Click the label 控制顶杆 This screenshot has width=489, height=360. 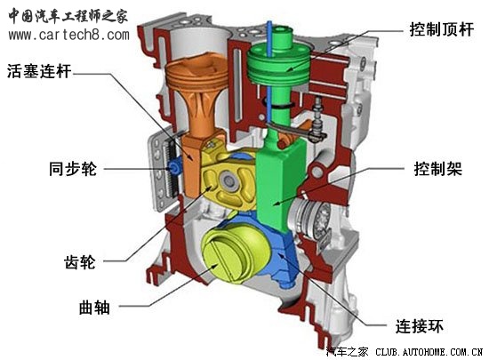[441, 29]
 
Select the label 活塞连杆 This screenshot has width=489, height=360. [39, 71]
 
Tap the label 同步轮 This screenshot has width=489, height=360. [73, 169]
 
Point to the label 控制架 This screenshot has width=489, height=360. [437, 169]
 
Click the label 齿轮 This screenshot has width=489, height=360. [80, 262]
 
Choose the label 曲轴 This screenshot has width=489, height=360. [94, 308]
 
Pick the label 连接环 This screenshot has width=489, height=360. [420, 326]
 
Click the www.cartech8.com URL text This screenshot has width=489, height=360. [69, 35]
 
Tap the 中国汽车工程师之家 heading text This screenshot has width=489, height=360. [68, 16]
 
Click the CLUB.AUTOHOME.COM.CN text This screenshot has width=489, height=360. [429, 353]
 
